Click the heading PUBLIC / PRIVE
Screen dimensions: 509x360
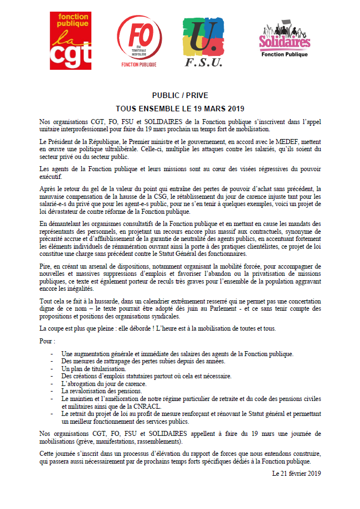click(180, 95)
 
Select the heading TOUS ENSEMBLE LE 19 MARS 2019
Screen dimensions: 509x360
click(180, 109)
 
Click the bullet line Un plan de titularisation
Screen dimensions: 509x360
click(94, 368)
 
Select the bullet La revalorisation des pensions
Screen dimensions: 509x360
click(102, 390)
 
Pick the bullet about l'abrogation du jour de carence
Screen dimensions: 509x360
click(104, 383)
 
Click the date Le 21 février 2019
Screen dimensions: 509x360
click(296, 472)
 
